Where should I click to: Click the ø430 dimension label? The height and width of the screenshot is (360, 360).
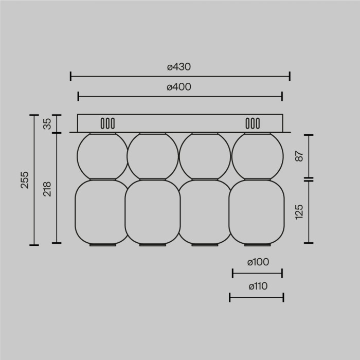pos(179,67)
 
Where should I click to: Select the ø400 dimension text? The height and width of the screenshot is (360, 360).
pos(179,87)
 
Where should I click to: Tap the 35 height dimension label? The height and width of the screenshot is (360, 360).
pos(47,124)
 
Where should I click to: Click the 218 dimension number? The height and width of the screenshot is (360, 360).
pos(47,188)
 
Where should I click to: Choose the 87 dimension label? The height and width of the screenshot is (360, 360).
pos(300,156)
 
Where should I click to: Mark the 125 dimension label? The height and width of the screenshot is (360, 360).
pos(300,211)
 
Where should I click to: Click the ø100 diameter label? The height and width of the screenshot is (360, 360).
pos(258,262)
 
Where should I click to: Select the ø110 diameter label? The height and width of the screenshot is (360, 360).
pos(257,286)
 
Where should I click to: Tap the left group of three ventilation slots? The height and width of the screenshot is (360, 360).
pos(107,123)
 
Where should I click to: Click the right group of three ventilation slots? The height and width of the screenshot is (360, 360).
pos(253,123)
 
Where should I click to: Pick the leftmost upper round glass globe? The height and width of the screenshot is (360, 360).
pos(102,156)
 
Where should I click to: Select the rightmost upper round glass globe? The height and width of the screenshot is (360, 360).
pos(258,156)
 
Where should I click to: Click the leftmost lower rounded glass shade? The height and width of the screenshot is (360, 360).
pos(102,212)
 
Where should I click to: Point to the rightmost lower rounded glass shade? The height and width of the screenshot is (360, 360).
pos(257,212)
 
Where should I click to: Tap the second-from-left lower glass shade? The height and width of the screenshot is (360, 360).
pos(152,212)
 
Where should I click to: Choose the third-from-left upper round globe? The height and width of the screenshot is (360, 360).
pos(205,156)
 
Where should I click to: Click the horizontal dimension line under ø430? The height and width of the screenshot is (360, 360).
pos(180,77)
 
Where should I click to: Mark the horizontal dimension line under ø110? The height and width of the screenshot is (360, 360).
pos(257,297)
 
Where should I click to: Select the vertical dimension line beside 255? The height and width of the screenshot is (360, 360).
pos(34,180)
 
